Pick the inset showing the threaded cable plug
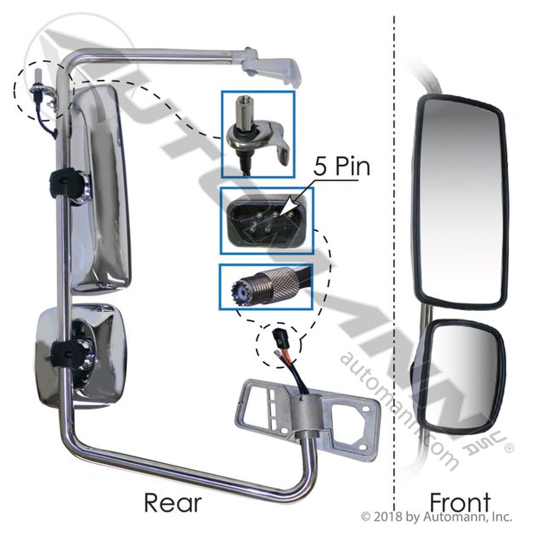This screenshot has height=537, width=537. [266, 287]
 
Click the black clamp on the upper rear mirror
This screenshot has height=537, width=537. [66, 180]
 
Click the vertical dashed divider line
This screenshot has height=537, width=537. [395, 255]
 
